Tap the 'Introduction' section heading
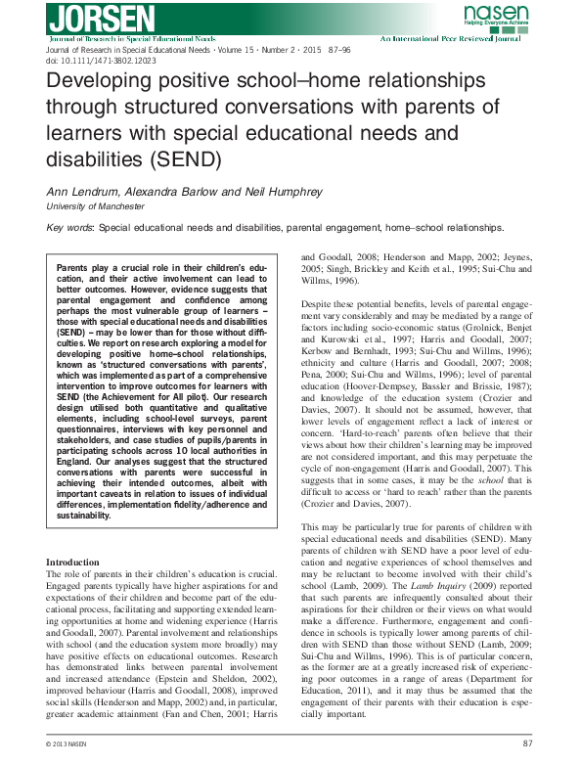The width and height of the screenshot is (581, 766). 73,563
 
